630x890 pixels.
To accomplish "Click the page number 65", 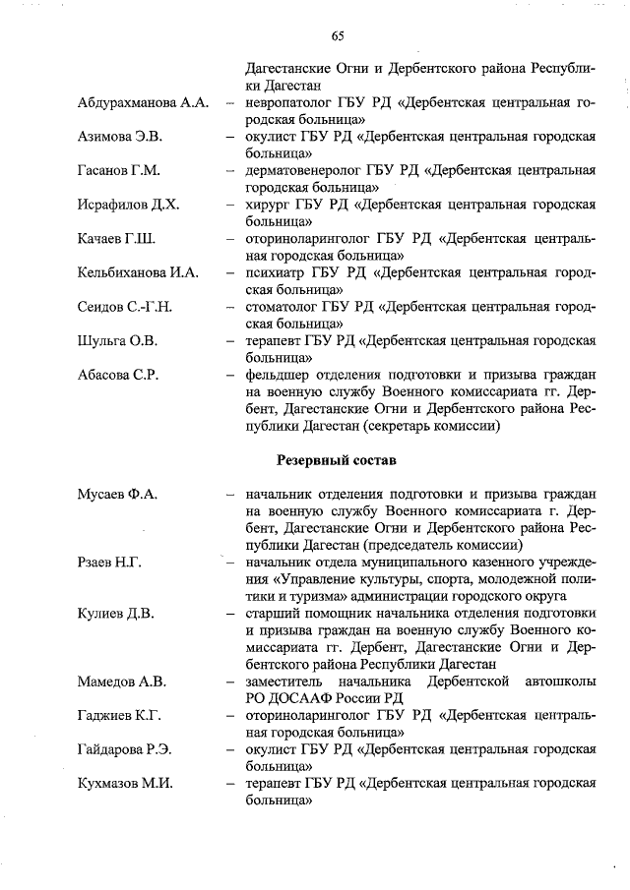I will [x=337, y=35].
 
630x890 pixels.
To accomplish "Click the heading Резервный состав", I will [x=337, y=459].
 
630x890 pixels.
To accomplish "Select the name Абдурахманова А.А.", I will [x=140, y=103].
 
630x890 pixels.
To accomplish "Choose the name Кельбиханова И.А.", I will [x=138, y=272].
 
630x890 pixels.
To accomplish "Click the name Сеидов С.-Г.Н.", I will [x=124, y=307].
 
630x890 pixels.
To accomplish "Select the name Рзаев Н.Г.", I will [x=109, y=562].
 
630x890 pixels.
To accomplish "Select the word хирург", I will [x=267, y=205].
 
